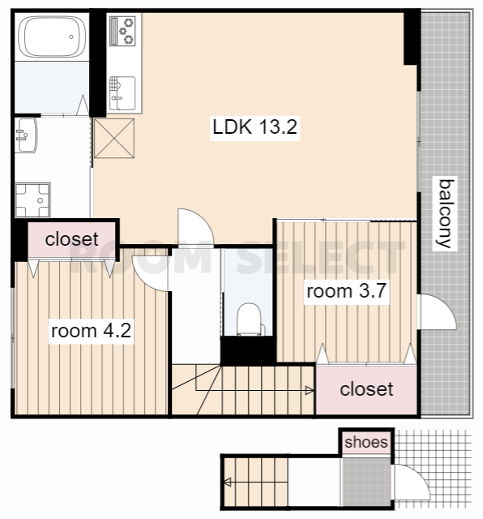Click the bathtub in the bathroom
tap(52, 36)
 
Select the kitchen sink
tap(122, 93)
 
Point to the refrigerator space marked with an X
tap(114, 139)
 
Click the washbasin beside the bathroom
tap(26, 135)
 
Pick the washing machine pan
tap(32, 200)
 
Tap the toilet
tap(249, 320)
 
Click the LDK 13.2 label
tap(254, 127)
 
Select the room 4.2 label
tap(91, 331)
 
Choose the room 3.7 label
tap(346, 291)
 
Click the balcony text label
tap(445, 213)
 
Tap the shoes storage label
tap(365, 442)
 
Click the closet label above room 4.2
tap(71, 239)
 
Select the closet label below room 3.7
tap(366, 389)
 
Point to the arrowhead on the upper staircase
tap(310, 391)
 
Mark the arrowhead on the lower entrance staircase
tap(227, 483)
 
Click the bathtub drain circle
tap(71, 36)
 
